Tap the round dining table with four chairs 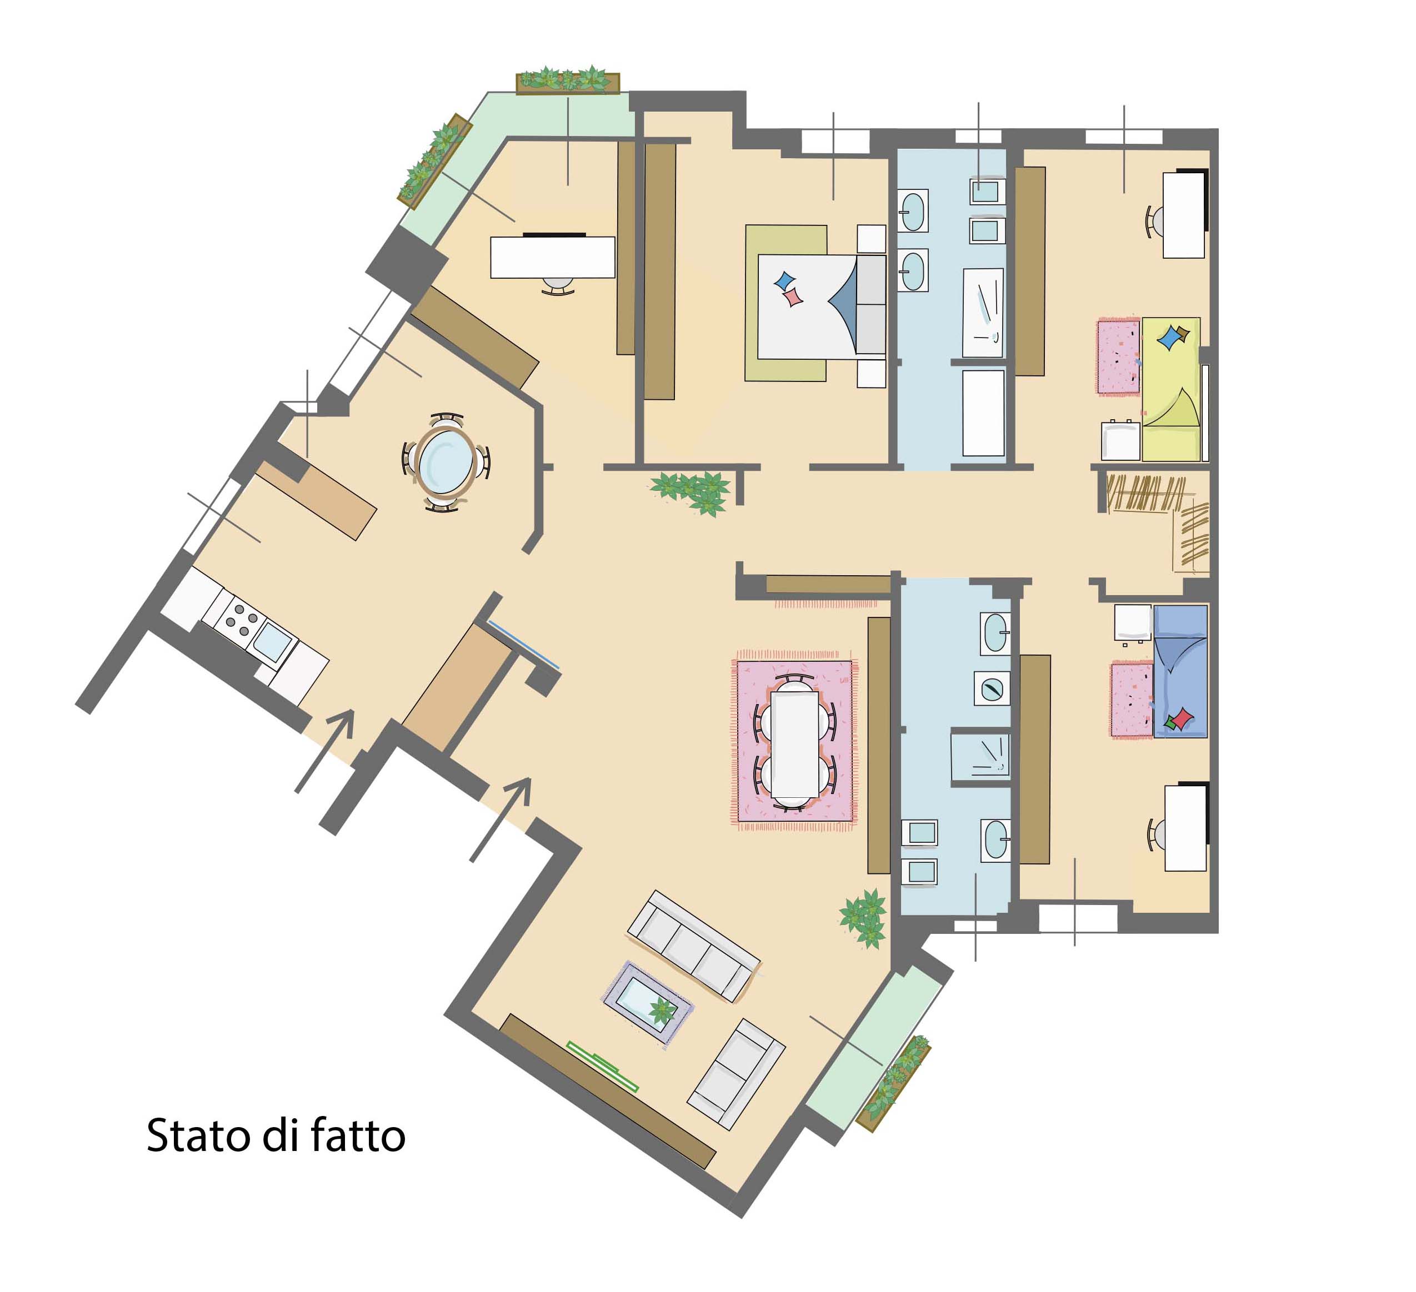[x=446, y=462]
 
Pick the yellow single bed [x=1171, y=389]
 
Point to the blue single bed [x=1180, y=671]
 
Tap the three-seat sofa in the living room [x=693, y=946]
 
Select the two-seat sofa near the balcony [x=735, y=1074]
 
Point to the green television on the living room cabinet [x=603, y=1066]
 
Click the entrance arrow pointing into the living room [x=500, y=820]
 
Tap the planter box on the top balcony [x=568, y=83]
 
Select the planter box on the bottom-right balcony [x=893, y=1083]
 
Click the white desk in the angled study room [x=552, y=257]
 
